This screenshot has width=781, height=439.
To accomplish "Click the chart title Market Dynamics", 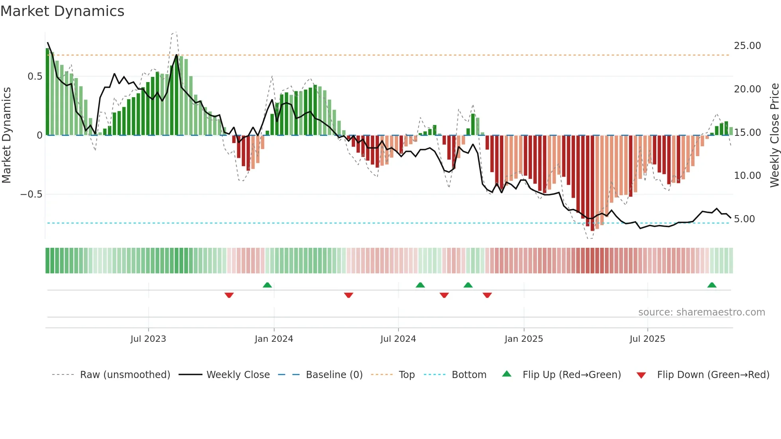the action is (62, 11).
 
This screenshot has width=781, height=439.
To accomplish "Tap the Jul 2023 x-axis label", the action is (148, 339).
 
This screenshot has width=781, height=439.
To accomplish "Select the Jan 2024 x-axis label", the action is (274, 339).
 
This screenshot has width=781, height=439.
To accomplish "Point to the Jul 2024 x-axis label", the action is (398, 339).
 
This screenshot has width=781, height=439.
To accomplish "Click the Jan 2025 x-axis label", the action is (524, 339).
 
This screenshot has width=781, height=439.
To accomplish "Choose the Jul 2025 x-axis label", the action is (647, 339).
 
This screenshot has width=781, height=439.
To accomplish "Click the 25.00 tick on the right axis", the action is (747, 46).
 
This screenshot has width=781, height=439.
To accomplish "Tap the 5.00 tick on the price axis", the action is (744, 219).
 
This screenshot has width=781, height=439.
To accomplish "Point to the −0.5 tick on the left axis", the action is (31, 194).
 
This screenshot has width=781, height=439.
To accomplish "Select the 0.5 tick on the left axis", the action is (35, 76).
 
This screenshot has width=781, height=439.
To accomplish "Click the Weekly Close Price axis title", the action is (774, 135).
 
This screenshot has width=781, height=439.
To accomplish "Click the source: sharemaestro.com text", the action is (701, 312).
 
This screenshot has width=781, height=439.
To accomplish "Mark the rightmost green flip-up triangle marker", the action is (712, 285).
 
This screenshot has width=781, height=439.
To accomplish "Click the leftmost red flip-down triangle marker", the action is (229, 295).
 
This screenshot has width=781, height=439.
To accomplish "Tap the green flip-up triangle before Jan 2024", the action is (267, 285).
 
